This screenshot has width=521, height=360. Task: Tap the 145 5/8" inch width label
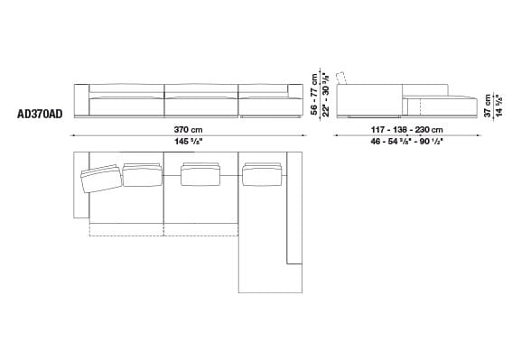tap(189, 142)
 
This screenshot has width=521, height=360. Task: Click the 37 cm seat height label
tap(487, 103)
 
